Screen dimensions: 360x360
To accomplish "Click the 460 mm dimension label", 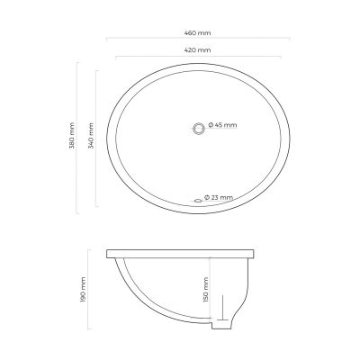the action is click(x=197, y=33).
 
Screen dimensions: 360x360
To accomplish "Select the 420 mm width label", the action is click(x=197, y=50).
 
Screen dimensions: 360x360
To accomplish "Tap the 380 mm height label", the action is click(x=72, y=136).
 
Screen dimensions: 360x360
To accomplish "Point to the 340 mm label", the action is click(x=92, y=136).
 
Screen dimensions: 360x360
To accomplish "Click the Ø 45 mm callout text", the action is click(x=222, y=125).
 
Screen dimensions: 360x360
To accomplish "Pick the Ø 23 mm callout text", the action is click(x=219, y=197).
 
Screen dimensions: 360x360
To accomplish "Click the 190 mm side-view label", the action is click(x=83, y=290).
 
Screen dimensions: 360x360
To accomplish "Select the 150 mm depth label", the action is click(x=205, y=290).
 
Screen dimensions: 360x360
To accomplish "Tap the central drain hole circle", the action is click(x=198, y=129).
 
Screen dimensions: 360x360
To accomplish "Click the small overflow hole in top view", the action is click(x=198, y=201).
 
